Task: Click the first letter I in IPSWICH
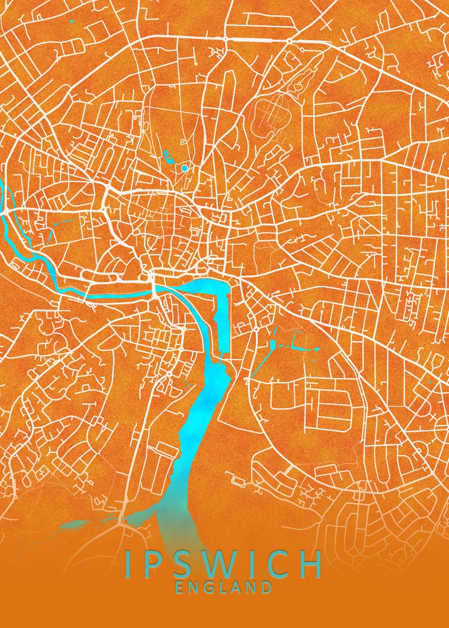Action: click(129, 564)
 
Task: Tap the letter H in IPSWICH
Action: click(312, 564)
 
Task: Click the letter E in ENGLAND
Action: click(180, 587)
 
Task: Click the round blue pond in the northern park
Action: click(184, 168)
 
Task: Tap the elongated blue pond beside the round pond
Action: click(169, 155)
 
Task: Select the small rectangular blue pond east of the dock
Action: click(272, 345)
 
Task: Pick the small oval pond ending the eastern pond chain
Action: click(317, 349)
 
